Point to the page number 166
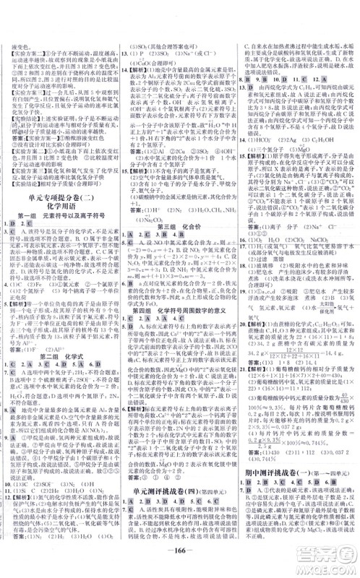(180, 562)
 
